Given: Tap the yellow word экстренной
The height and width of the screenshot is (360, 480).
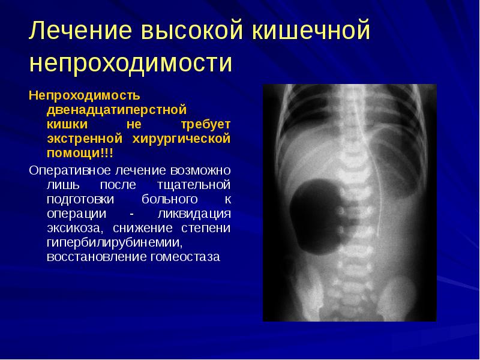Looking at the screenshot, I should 81,139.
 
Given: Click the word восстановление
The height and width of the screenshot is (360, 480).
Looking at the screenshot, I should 92,257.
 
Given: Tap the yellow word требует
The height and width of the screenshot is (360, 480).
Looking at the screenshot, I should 206,124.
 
